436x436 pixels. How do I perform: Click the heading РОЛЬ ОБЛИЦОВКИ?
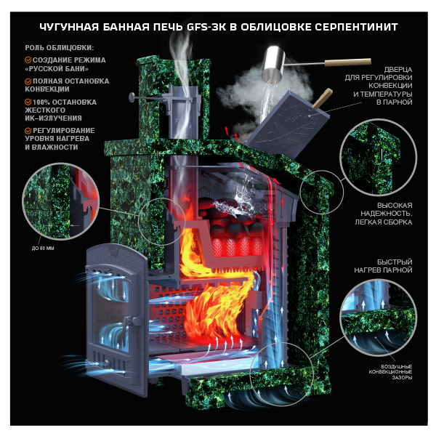click(x=60, y=48)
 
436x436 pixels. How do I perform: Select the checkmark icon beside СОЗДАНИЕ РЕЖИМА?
click(x=28, y=60)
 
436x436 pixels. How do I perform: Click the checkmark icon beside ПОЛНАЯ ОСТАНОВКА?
click(x=28, y=81)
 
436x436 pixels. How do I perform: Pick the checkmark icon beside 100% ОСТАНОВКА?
click(x=28, y=102)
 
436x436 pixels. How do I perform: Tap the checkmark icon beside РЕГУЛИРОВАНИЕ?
click(x=28, y=130)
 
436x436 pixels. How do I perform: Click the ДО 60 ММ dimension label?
click(x=43, y=249)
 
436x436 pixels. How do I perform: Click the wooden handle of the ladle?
click(x=348, y=62)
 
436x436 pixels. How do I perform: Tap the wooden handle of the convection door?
click(x=323, y=98)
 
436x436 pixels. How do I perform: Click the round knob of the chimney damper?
click(x=132, y=97)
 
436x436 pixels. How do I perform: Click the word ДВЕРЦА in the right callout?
click(x=398, y=69)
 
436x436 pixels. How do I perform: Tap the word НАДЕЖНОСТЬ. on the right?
click(x=387, y=214)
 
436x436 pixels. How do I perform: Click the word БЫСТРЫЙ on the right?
click(x=395, y=262)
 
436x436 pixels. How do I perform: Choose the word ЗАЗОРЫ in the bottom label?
click(x=402, y=377)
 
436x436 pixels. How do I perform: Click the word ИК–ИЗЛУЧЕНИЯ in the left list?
click(x=53, y=118)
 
